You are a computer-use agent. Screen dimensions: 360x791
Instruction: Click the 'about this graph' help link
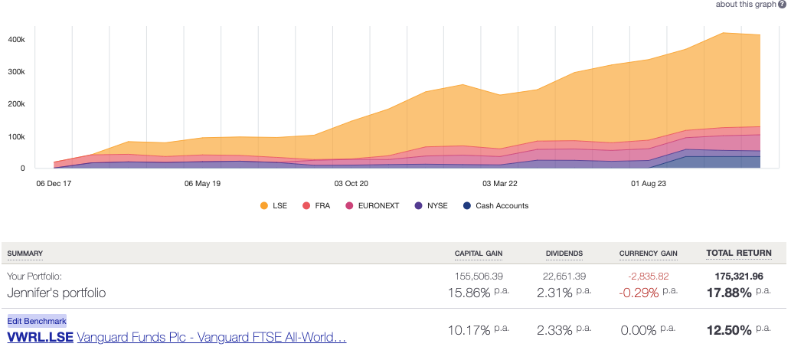(x=745, y=5)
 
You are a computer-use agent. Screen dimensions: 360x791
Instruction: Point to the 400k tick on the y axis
(x=17, y=39)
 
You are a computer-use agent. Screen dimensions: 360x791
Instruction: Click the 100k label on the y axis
(x=17, y=137)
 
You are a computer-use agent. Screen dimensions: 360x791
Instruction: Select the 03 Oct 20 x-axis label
(x=351, y=184)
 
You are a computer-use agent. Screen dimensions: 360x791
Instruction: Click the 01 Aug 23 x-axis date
(x=648, y=184)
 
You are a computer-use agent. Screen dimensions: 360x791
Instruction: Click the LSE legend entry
(x=273, y=206)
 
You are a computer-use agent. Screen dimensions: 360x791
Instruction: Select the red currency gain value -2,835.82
(x=647, y=276)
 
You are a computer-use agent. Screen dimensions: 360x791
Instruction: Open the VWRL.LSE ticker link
(x=40, y=337)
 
